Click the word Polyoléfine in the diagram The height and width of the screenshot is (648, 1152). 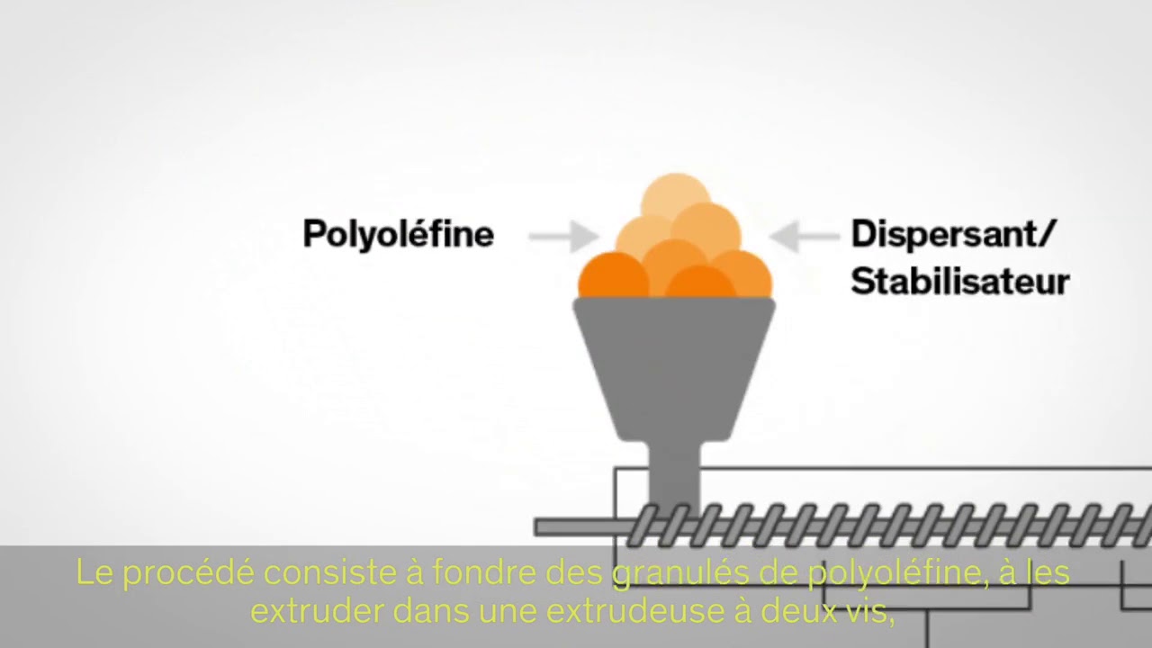tap(398, 235)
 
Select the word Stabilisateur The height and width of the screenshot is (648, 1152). tap(959, 281)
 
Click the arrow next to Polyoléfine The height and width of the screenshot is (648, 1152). tap(562, 237)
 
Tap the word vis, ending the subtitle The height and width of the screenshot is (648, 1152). tap(872, 611)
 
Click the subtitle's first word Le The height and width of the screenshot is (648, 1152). tap(93, 573)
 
